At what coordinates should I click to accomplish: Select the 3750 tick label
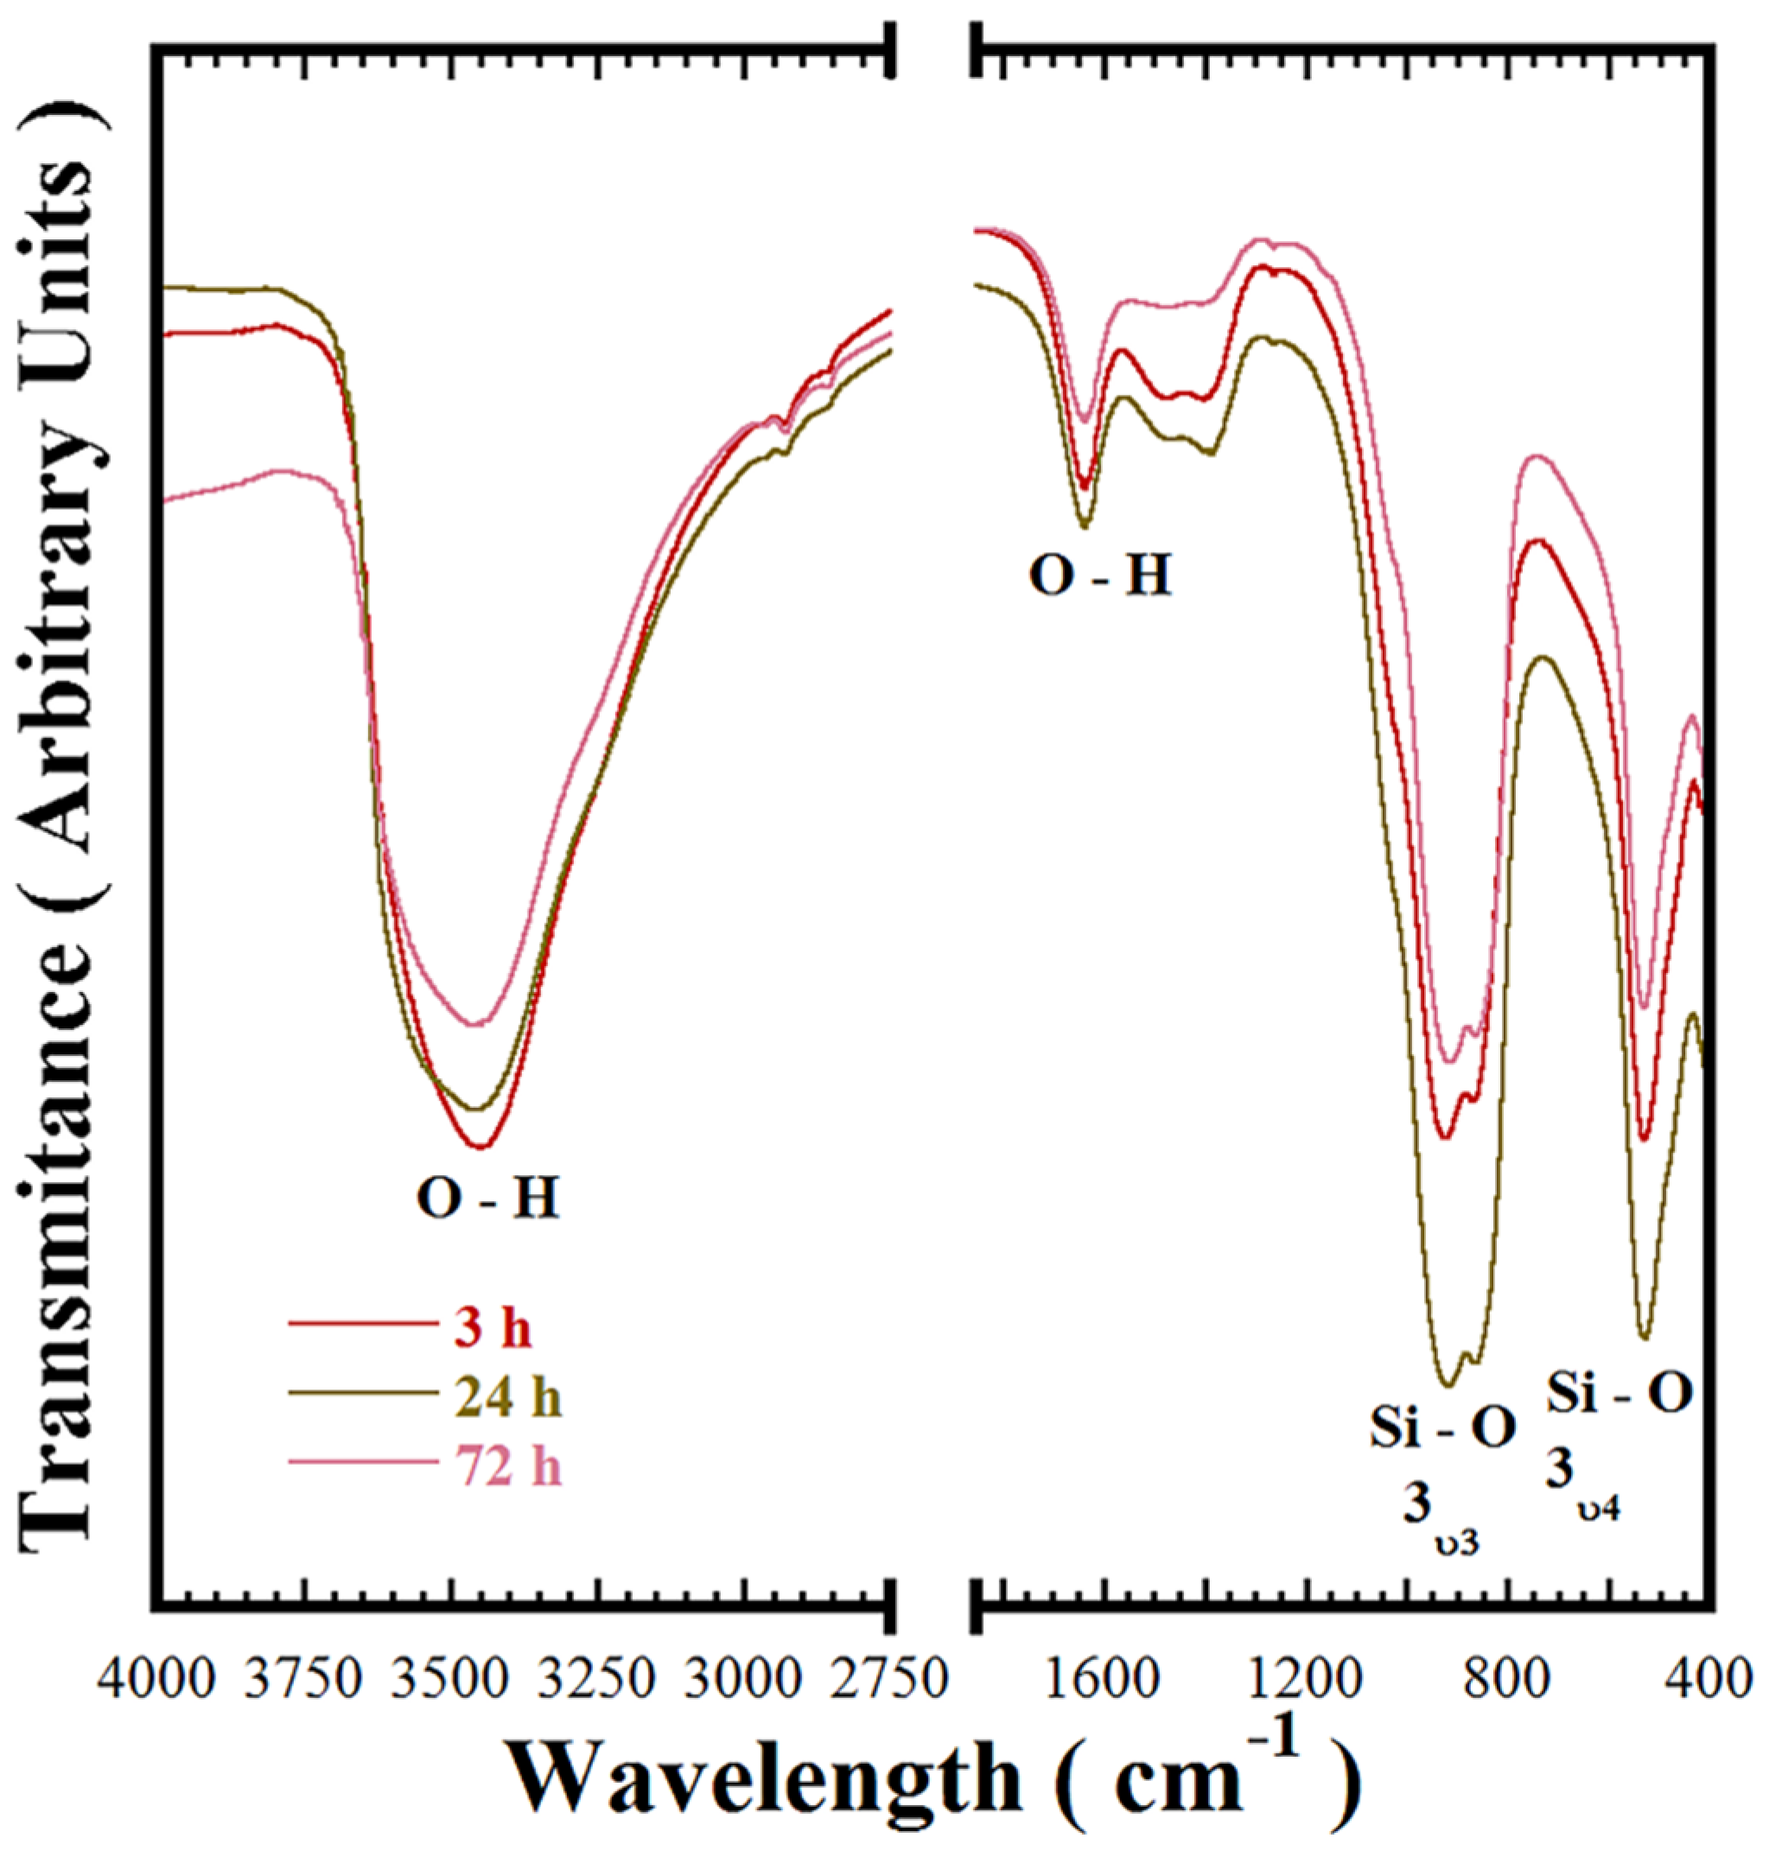tap(302, 1680)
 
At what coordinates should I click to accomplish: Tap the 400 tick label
tap(1705, 1680)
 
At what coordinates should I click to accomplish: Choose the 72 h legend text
tap(509, 1466)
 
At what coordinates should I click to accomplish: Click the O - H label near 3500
tap(488, 1200)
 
